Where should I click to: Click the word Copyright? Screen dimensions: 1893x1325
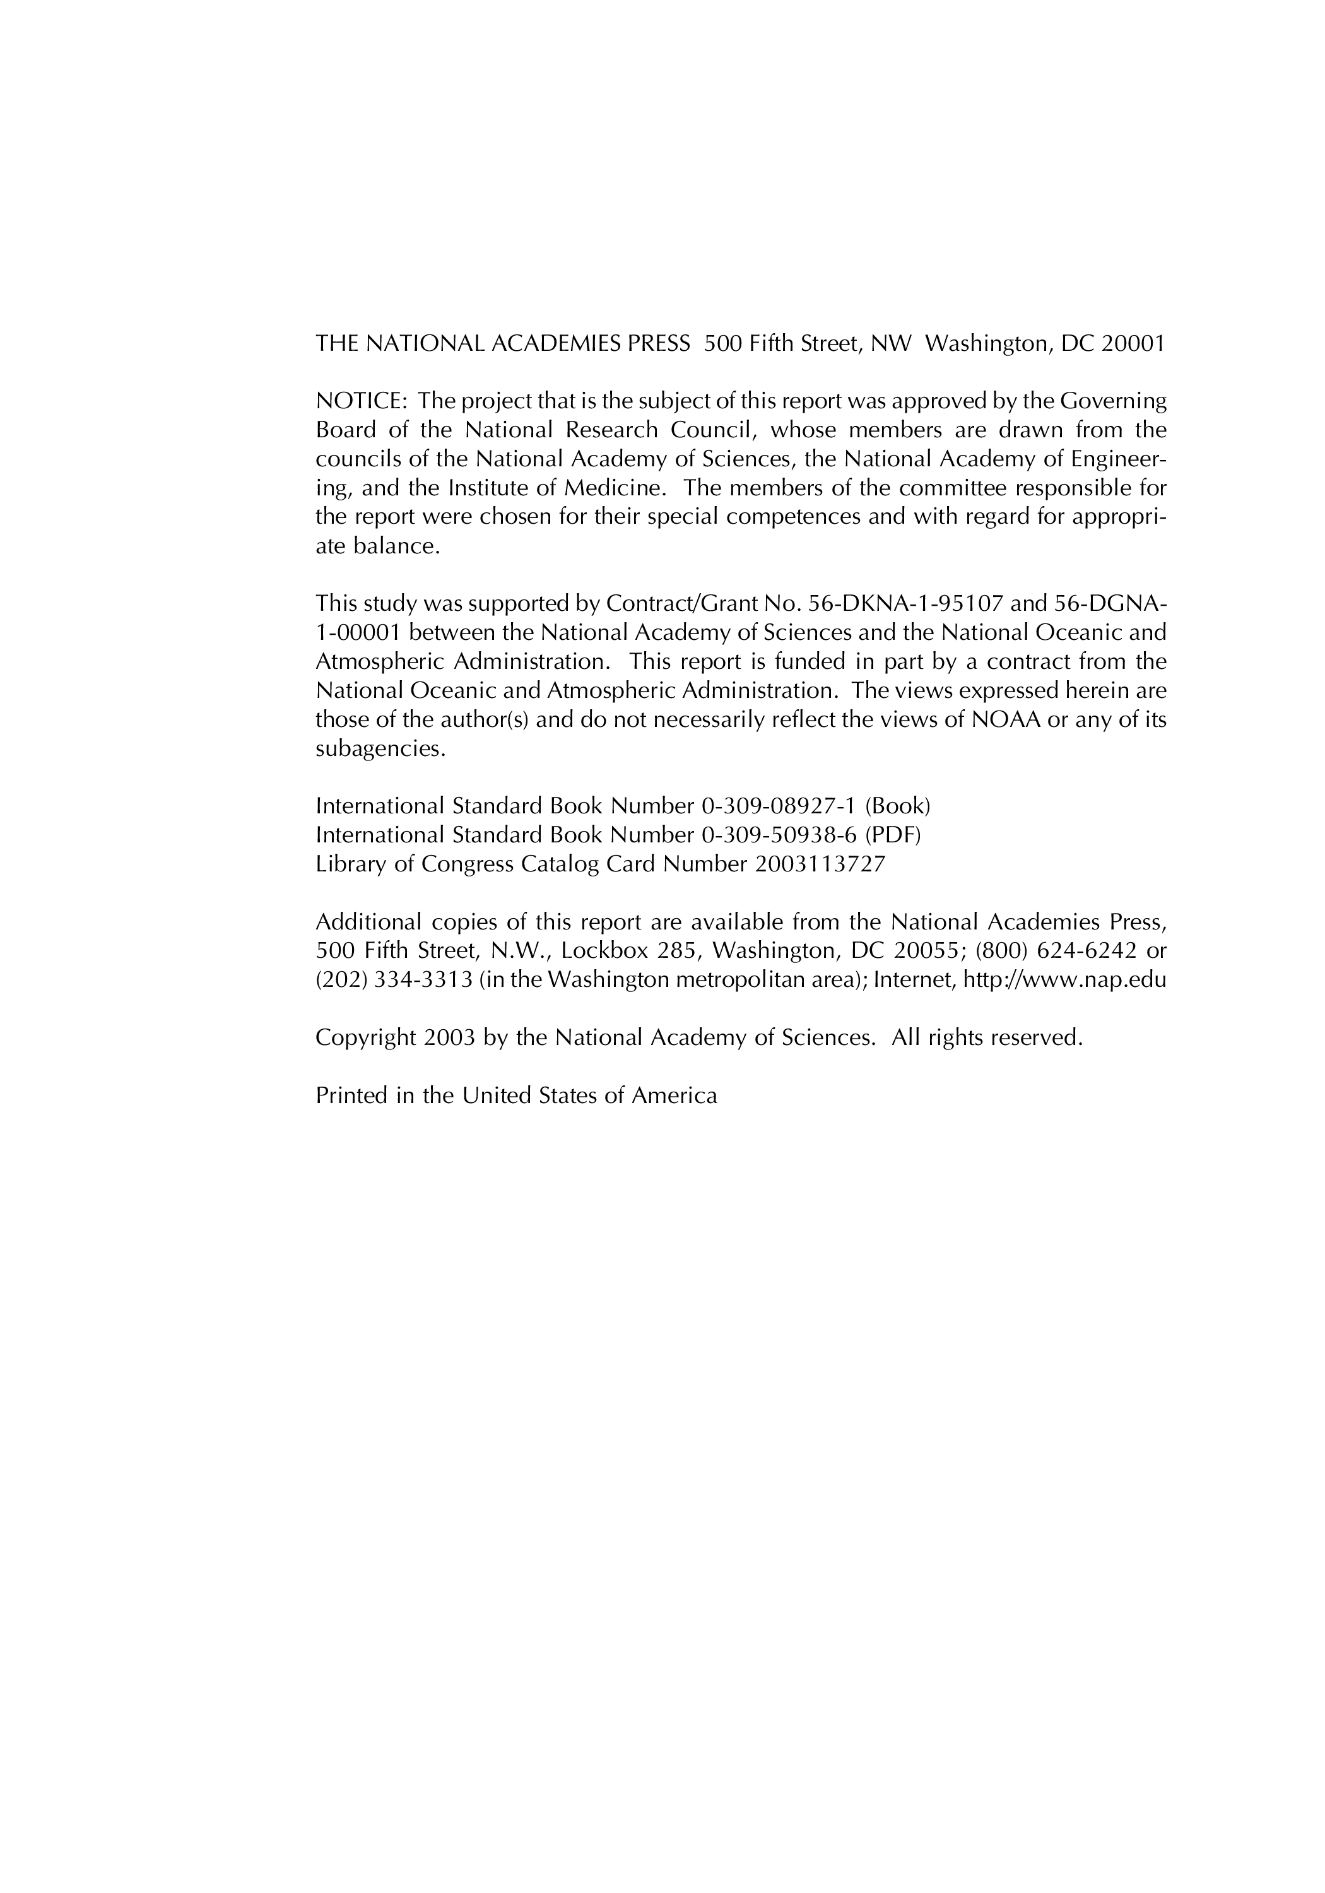point(366,1038)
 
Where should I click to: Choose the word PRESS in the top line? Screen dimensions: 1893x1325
point(659,344)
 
